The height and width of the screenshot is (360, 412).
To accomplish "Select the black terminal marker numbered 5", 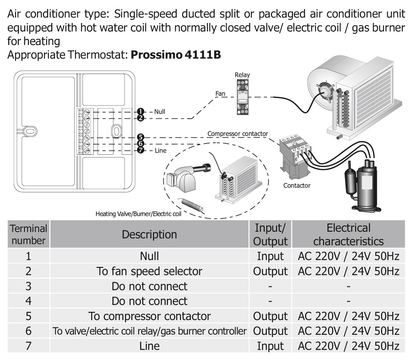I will click(141, 137).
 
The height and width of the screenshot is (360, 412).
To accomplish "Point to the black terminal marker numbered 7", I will click(141, 150).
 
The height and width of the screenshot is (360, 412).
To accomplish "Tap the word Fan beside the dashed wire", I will click(221, 93).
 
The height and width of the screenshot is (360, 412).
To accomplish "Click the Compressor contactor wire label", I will click(237, 134).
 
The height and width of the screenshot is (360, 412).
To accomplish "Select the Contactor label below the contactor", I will click(297, 185).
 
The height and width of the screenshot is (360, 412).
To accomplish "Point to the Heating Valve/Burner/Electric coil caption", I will click(138, 213).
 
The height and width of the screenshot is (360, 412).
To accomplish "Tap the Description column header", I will click(149, 235).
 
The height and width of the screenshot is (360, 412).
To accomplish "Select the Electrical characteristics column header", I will click(348, 235).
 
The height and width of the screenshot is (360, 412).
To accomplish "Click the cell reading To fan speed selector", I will click(149, 271).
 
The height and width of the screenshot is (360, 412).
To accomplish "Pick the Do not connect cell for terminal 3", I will click(149, 286).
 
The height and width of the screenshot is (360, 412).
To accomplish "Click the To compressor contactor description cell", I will click(149, 316).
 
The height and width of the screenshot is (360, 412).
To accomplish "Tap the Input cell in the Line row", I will click(270, 346).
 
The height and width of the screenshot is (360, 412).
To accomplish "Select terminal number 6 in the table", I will click(28, 331).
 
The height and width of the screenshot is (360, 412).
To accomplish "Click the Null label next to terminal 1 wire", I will click(160, 112).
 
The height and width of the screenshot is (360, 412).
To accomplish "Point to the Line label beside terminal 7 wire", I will click(160, 150).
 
